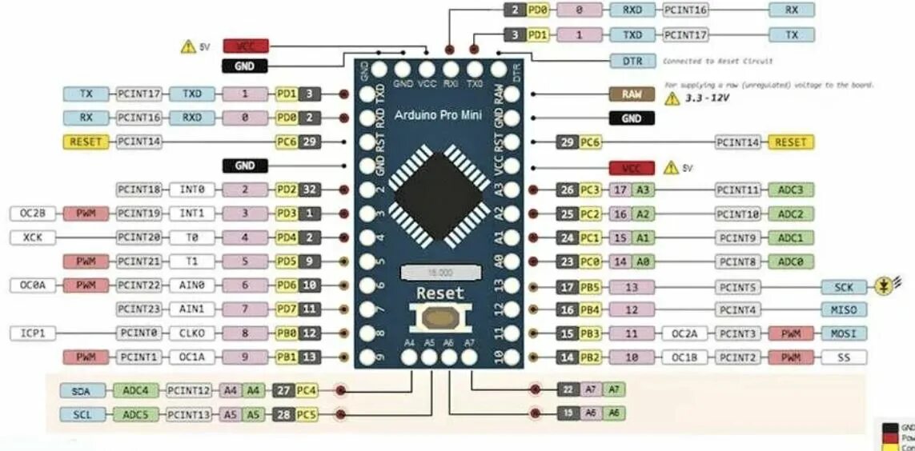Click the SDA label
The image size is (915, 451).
82,390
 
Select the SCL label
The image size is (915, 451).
82,414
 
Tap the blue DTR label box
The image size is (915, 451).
632,61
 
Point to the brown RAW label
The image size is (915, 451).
632,94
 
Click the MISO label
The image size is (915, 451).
844,309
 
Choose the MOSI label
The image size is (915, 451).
844,333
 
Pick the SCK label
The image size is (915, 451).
844,286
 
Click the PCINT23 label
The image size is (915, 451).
140,309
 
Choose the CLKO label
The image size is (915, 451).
192,333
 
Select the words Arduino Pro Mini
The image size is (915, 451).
438,115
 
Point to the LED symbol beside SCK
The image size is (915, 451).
883,285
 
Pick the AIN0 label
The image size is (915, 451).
192,285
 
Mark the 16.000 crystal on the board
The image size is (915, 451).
439,272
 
